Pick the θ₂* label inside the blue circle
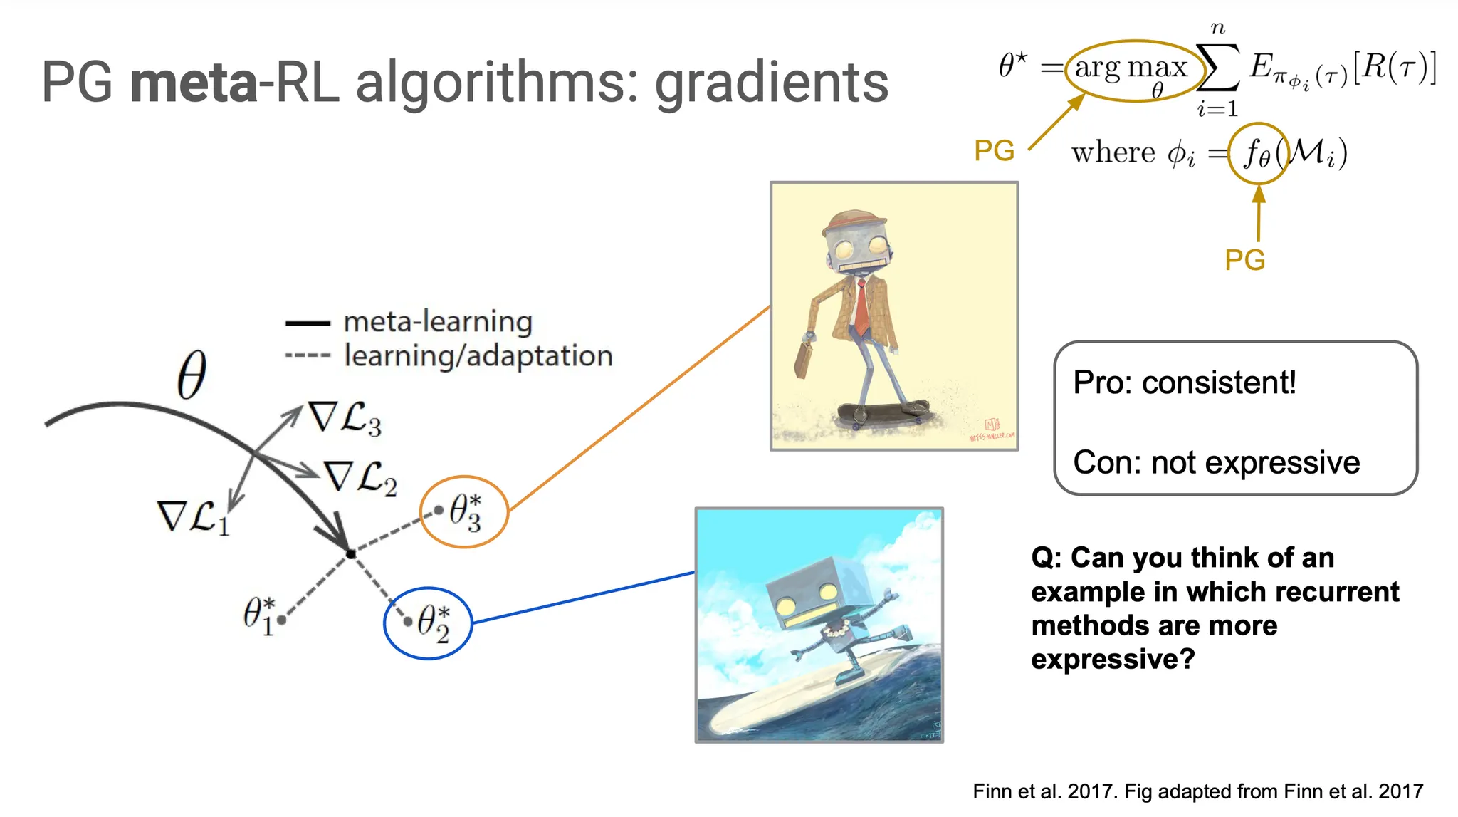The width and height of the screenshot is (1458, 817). pos(434,623)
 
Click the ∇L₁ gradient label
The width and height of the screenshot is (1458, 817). pos(193,517)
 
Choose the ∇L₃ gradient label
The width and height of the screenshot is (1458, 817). pos(345,418)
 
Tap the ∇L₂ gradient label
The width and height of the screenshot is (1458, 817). pos(360,477)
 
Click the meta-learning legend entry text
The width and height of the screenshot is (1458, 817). pos(438,322)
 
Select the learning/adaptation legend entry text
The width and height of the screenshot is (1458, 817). pos(478,355)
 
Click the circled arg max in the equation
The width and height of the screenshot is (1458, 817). pos(1131,72)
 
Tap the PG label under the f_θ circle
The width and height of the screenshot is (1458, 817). pos(1245,260)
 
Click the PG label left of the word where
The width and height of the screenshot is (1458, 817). pos(994,151)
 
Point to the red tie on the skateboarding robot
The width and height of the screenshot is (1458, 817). pos(861,307)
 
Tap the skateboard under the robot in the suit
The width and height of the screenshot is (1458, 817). pos(883,413)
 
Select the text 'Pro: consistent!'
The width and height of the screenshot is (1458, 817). pos(1185,383)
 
